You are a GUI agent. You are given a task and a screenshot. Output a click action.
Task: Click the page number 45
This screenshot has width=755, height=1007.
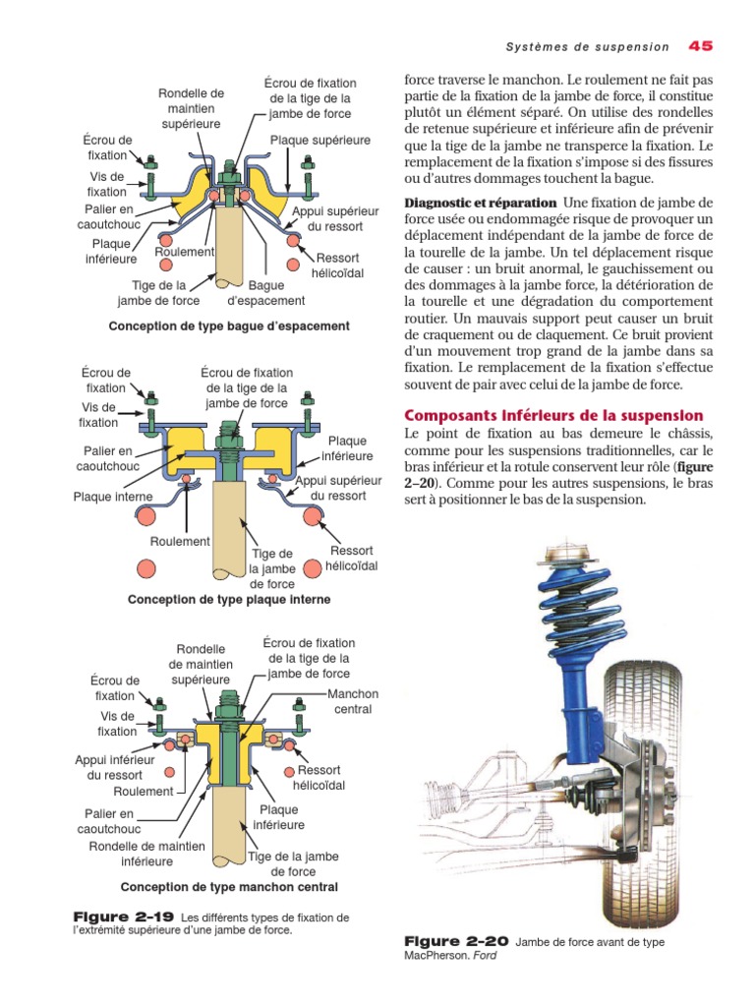pos(700,45)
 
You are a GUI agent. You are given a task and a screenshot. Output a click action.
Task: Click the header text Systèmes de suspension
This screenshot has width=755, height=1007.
pos(587,46)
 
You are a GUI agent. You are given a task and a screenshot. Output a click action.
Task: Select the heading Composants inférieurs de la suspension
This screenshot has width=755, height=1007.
pos(554,415)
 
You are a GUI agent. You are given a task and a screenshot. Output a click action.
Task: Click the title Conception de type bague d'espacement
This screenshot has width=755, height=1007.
pos(229,326)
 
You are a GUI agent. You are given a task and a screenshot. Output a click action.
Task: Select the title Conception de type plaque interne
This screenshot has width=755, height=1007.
pos(229,599)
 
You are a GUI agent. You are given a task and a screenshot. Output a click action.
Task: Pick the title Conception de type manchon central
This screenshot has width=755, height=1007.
pos(229,886)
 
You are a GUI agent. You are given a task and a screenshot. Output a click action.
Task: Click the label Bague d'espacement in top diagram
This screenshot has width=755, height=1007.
pos(265,293)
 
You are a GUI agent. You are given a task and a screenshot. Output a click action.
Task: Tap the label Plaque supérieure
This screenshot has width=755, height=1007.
pos(320,141)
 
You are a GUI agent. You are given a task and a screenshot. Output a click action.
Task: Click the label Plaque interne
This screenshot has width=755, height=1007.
pos(113,497)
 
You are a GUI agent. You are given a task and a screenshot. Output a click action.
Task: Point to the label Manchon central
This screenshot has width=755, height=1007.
pos(353,701)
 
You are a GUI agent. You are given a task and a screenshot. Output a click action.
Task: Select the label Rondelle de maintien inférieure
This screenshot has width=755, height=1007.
pos(146,854)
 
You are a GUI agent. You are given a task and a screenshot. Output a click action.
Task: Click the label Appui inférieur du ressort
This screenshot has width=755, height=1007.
pos(115,767)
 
